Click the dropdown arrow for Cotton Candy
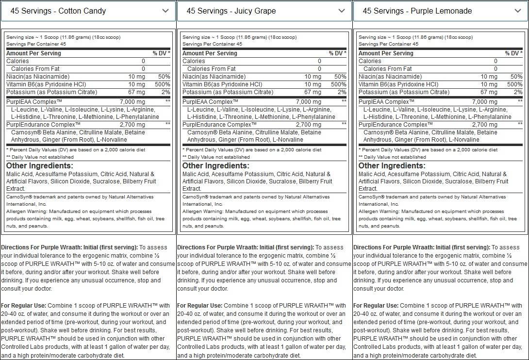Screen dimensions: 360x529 coord(165,11)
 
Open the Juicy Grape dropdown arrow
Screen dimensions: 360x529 coord(342,11)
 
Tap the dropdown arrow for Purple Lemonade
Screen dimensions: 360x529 coord(518,11)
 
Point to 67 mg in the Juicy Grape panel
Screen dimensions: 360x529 coord(313,92)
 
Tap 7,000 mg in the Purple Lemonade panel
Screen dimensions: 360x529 coord(484,102)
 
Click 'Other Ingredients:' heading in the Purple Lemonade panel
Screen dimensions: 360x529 coord(392,166)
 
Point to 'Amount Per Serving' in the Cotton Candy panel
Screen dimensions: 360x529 coord(33,53)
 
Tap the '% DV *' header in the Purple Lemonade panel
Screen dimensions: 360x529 coord(513,53)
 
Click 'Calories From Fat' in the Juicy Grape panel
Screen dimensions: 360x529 coord(212,69)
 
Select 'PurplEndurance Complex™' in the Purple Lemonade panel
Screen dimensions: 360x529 coord(395,125)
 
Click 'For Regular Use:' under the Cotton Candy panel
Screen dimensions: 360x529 coord(24,306)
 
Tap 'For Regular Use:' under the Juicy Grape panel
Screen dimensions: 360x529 coord(200,306)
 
